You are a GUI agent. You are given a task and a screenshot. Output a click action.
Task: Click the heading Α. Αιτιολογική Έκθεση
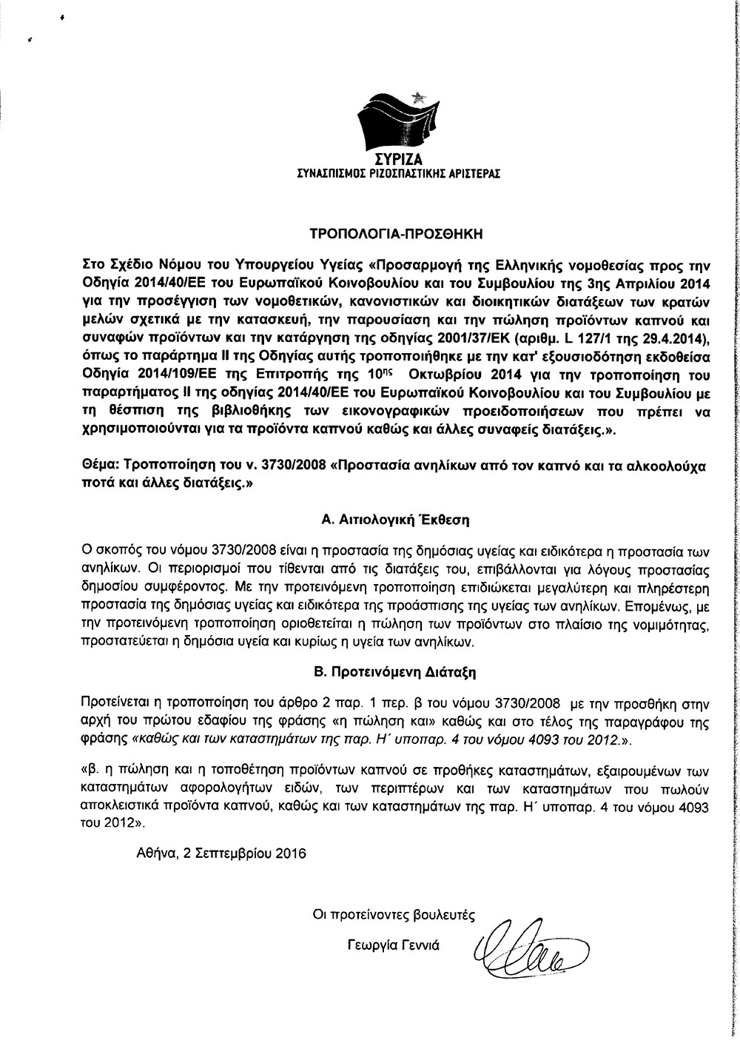[x=396, y=520]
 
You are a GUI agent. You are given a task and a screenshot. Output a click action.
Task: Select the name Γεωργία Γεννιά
[x=393, y=945]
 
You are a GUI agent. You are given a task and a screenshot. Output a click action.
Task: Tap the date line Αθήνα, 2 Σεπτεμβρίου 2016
[x=221, y=853]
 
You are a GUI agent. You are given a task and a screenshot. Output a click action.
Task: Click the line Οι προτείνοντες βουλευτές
[x=393, y=915]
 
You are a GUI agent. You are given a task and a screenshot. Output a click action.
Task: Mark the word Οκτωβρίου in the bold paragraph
[x=442, y=374]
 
